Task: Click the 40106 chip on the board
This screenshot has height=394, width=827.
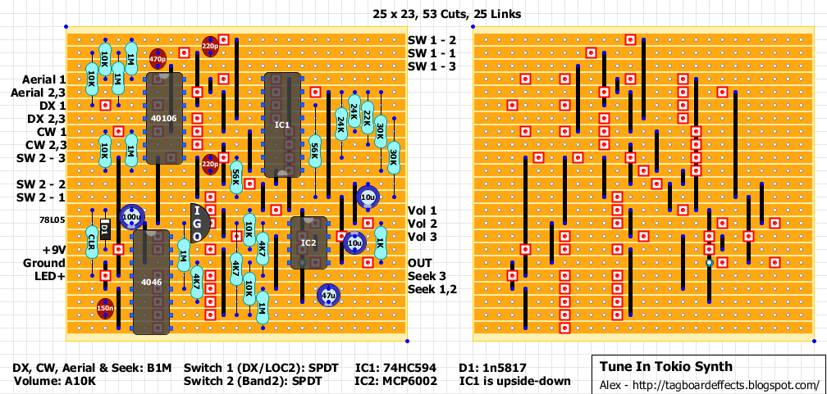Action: pos(163,118)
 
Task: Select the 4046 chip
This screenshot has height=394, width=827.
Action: pos(151,282)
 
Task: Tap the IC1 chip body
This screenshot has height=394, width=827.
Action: pos(281,125)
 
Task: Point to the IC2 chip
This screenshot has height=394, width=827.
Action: pos(308,242)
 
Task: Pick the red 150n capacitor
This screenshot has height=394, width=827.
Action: pos(105,308)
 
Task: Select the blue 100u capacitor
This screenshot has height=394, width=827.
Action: pos(130,217)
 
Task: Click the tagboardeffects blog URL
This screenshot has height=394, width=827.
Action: pos(706,384)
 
